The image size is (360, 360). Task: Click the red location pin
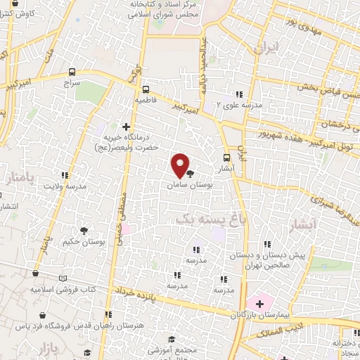pos(180,166)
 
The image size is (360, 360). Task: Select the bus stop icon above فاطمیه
pos(146,89)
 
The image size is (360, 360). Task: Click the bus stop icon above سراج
pos(72,72)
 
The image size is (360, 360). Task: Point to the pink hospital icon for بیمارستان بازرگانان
pos(259,304)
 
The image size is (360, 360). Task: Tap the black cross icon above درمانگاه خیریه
pos(126,127)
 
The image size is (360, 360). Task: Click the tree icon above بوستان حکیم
pos(84,230)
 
